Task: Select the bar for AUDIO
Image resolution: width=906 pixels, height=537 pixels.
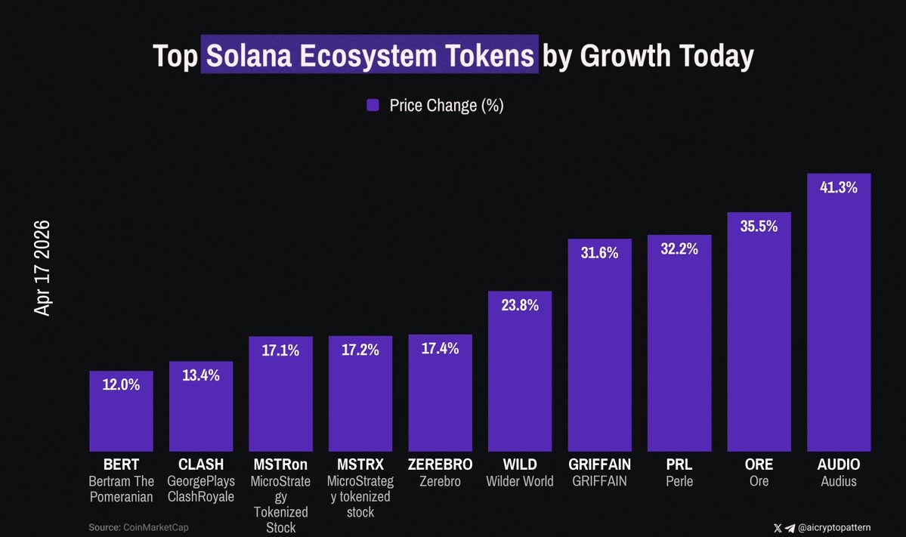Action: tap(839, 317)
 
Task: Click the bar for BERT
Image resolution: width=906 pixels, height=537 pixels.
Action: tap(121, 415)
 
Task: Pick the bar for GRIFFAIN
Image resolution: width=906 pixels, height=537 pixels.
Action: tap(599, 347)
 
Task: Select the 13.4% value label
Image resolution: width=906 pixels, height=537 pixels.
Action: tap(201, 375)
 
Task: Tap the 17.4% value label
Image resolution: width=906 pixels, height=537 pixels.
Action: tap(440, 348)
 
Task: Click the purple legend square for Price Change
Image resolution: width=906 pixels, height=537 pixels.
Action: tap(373, 106)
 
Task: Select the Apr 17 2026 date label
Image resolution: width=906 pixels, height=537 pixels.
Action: tap(42, 268)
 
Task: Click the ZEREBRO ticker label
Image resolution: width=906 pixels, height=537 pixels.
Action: tap(440, 464)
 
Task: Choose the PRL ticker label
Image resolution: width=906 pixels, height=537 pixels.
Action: tap(679, 464)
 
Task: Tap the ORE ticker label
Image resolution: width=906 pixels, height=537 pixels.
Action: tap(759, 464)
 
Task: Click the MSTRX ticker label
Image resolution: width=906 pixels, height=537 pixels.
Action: tap(360, 464)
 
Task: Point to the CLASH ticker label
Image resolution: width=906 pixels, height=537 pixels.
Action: tap(201, 464)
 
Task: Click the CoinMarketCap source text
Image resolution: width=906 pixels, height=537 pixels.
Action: tap(156, 527)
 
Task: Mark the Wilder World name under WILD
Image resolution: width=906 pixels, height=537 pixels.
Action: tap(520, 481)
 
